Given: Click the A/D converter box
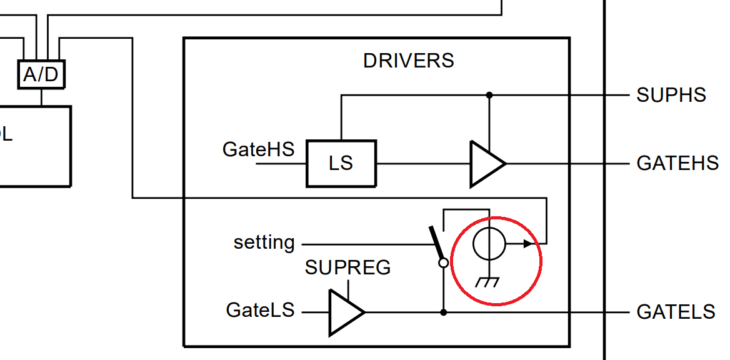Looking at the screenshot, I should pos(41,74).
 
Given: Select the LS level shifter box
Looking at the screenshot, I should pos(341,163).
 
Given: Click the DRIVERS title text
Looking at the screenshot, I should pos(408,61).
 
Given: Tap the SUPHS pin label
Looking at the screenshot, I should pos(671,95).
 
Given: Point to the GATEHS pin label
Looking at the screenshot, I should pos(677,163).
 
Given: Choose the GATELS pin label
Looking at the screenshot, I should pos(676,311).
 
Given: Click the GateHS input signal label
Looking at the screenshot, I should pos(258,150).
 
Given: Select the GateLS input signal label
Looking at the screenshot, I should pos(260,310).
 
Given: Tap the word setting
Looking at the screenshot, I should pos(264,242).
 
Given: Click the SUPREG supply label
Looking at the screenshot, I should pos(347,267).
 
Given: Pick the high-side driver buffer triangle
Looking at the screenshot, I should pos(486,164).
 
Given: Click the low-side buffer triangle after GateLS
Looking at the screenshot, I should pos(344,311).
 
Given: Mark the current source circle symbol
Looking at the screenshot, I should pos(489,244).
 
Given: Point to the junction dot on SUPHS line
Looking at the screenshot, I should pos(489,95).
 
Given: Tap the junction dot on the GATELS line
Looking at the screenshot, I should pos(444,311).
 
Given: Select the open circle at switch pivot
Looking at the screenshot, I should pos(444,263).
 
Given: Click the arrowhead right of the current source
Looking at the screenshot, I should pos(529,244).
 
